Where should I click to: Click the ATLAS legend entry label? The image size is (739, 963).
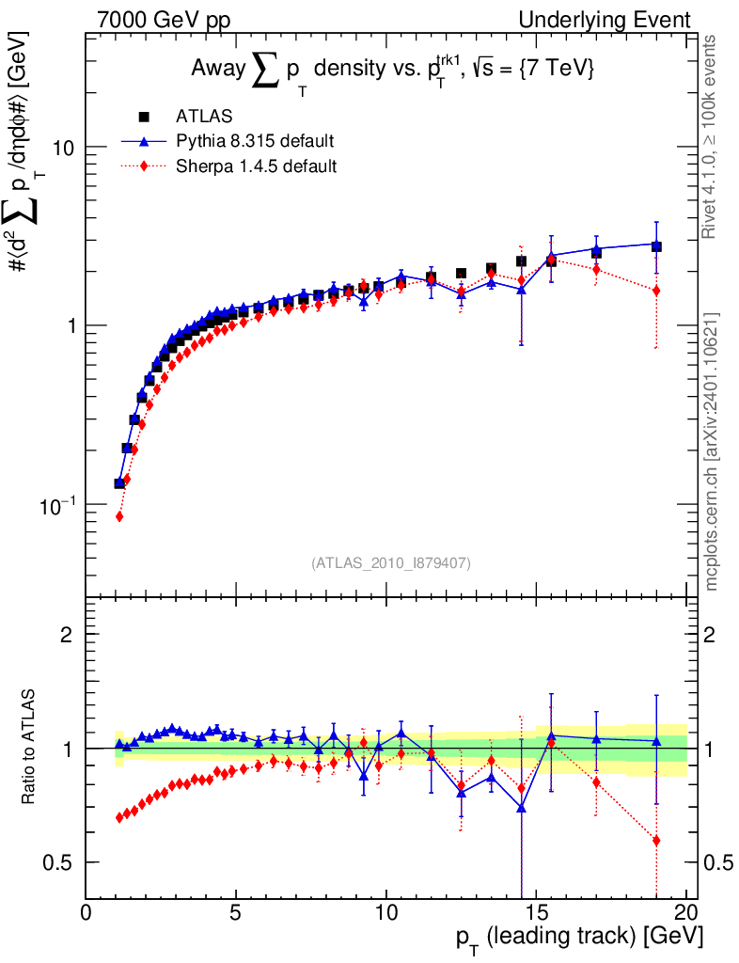click(204, 117)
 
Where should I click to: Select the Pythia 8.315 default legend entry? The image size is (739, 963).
click(254, 142)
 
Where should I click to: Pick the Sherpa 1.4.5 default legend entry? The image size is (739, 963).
click(256, 166)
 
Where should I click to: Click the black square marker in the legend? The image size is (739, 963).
click(144, 117)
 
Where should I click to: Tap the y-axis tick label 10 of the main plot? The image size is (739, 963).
click(64, 148)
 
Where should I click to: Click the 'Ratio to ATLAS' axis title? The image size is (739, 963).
click(31, 749)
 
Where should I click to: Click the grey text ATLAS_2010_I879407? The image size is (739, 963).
click(390, 563)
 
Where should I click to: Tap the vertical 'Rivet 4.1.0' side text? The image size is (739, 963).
click(711, 137)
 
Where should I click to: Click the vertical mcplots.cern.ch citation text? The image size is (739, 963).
click(712, 451)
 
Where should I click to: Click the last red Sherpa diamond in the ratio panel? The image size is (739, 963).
click(656, 840)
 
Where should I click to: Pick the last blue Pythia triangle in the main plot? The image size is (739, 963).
click(656, 244)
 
